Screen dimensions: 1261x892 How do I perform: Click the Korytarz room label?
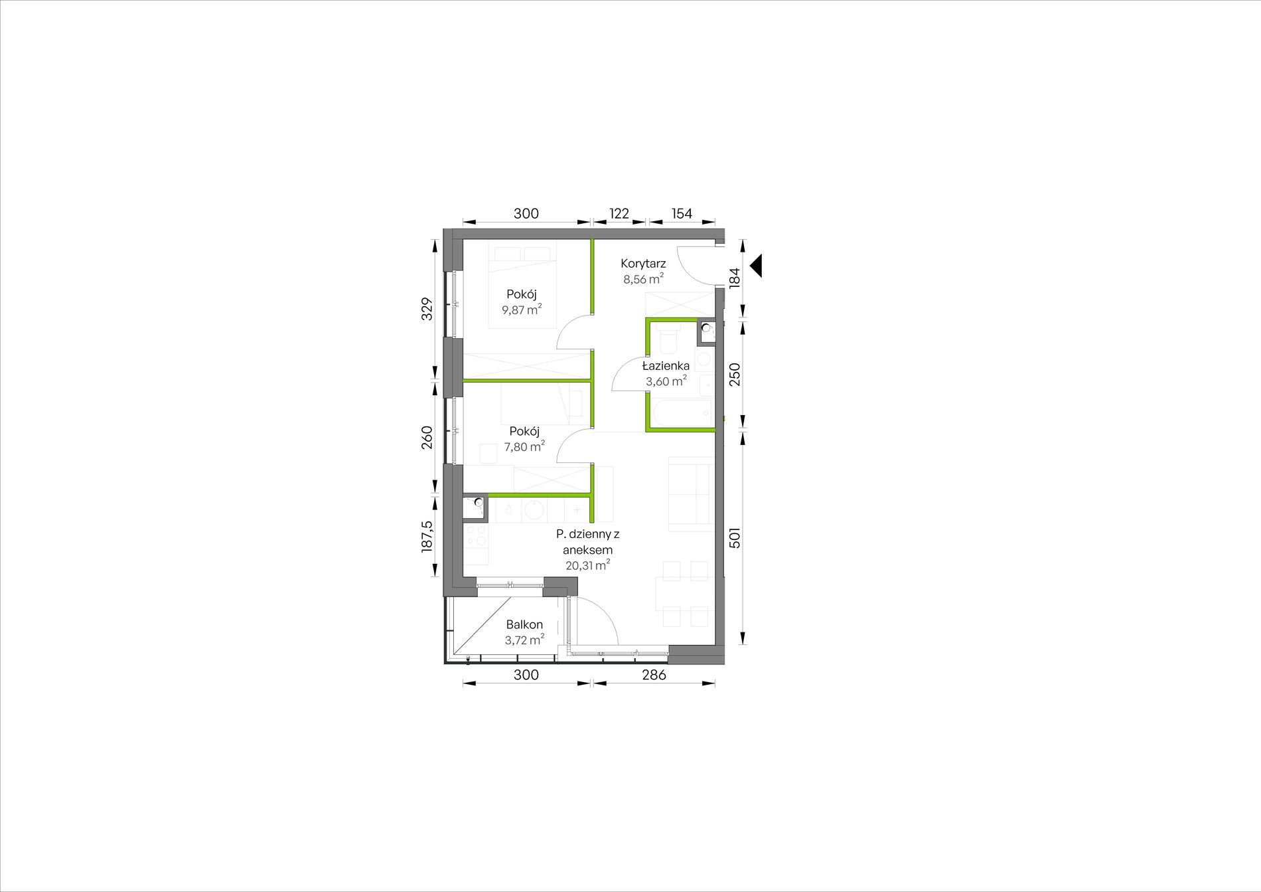click(x=643, y=264)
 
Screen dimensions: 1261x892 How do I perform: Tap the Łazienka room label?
click(x=666, y=365)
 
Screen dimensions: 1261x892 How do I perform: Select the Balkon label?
click(x=524, y=624)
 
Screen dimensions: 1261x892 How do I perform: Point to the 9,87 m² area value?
click(x=522, y=310)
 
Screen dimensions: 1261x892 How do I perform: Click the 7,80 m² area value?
click(x=524, y=446)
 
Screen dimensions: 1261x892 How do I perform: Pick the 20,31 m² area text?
click(x=587, y=565)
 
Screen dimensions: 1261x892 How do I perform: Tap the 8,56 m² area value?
click(x=643, y=279)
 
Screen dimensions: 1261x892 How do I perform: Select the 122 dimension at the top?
click(x=619, y=213)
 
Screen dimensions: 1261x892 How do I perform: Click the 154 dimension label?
click(x=682, y=213)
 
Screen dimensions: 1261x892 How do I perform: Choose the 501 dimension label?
click(x=734, y=537)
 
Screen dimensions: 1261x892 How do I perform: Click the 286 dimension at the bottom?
click(x=654, y=675)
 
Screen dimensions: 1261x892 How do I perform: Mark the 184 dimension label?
click(x=734, y=277)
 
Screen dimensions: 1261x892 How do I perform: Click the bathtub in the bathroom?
click(x=682, y=413)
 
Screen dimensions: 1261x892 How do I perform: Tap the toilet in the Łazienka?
click(x=668, y=340)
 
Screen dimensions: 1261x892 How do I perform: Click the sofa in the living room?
click(x=690, y=494)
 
